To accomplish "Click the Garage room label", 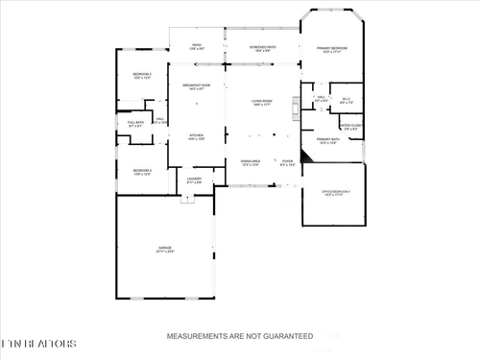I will pos(165,249).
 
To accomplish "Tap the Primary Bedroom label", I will pos(332,49).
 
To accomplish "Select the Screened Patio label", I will pos(263,47).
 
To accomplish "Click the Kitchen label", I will pos(197,136).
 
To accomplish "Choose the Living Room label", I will pos(263,102).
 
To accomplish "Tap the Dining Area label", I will pos(251,162).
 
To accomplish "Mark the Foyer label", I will pos(287,162).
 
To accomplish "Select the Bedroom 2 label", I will pos(142,75).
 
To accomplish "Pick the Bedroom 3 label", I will pos(142,171).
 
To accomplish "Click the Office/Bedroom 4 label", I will pos(334,194).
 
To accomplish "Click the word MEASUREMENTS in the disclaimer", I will pos(195,337).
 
